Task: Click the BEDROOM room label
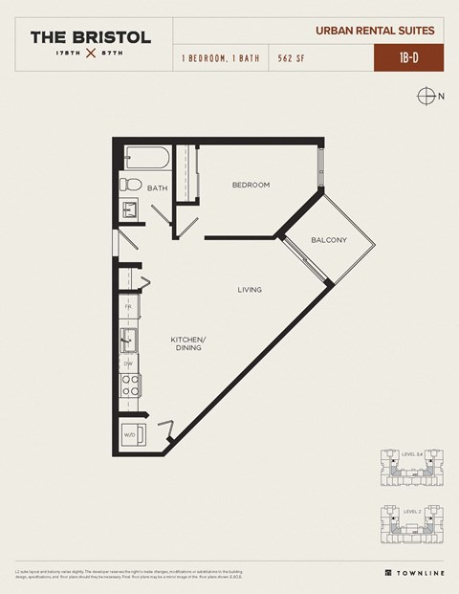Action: coord(251,185)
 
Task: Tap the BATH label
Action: coord(158,188)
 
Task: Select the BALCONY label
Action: coord(329,239)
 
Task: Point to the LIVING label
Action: coord(250,289)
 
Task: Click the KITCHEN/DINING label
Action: coord(188,344)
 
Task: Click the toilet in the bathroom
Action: coord(131,185)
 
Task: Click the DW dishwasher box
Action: coord(128,363)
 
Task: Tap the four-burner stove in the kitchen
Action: coord(129,385)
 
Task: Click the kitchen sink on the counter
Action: coord(126,339)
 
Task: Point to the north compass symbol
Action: coord(426,95)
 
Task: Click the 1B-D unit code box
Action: coord(406,57)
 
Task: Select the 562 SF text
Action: coord(293,58)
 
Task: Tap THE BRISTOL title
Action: coord(90,37)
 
